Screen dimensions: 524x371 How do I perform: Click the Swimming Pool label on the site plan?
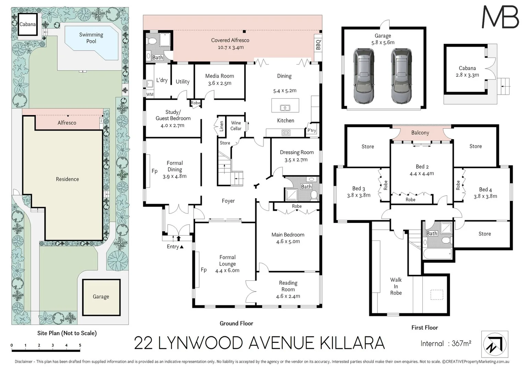(x=91, y=38)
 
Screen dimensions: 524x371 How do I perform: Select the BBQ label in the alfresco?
(x=318, y=45)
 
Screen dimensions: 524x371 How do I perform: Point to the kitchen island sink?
(x=285, y=108)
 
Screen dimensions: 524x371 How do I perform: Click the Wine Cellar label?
(x=236, y=126)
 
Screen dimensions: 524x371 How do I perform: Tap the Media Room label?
(x=219, y=76)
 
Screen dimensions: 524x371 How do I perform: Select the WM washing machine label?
(x=150, y=94)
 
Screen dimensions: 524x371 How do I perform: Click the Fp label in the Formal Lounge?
(x=203, y=270)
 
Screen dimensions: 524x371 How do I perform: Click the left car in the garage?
(x=363, y=76)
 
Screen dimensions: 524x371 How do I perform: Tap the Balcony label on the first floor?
(x=420, y=133)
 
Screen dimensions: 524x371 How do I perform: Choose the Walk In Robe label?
(x=396, y=286)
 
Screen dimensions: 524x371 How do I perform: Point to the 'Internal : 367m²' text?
(x=446, y=344)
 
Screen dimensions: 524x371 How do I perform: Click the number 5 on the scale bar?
(x=80, y=345)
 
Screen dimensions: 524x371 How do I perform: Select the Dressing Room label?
(x=296, y=153)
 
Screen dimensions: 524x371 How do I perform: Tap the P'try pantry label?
(x=312, y=131)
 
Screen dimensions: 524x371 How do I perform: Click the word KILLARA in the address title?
(x=352, y=343)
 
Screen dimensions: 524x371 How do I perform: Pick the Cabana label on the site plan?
(x=27, y=24)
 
